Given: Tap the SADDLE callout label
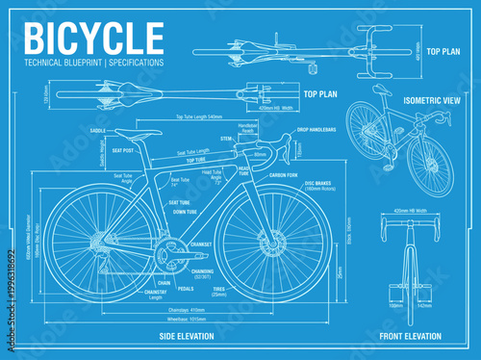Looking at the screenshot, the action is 97,129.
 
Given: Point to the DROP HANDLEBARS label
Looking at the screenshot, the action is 316,129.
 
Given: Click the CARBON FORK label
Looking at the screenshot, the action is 285,176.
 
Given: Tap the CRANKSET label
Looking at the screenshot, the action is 201,244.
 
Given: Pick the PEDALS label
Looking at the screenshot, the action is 186,289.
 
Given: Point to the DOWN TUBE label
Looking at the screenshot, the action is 186,211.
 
